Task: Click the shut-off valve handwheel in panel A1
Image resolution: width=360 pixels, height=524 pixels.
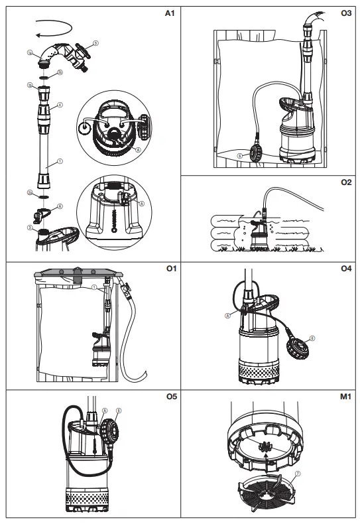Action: click(84, 51)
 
